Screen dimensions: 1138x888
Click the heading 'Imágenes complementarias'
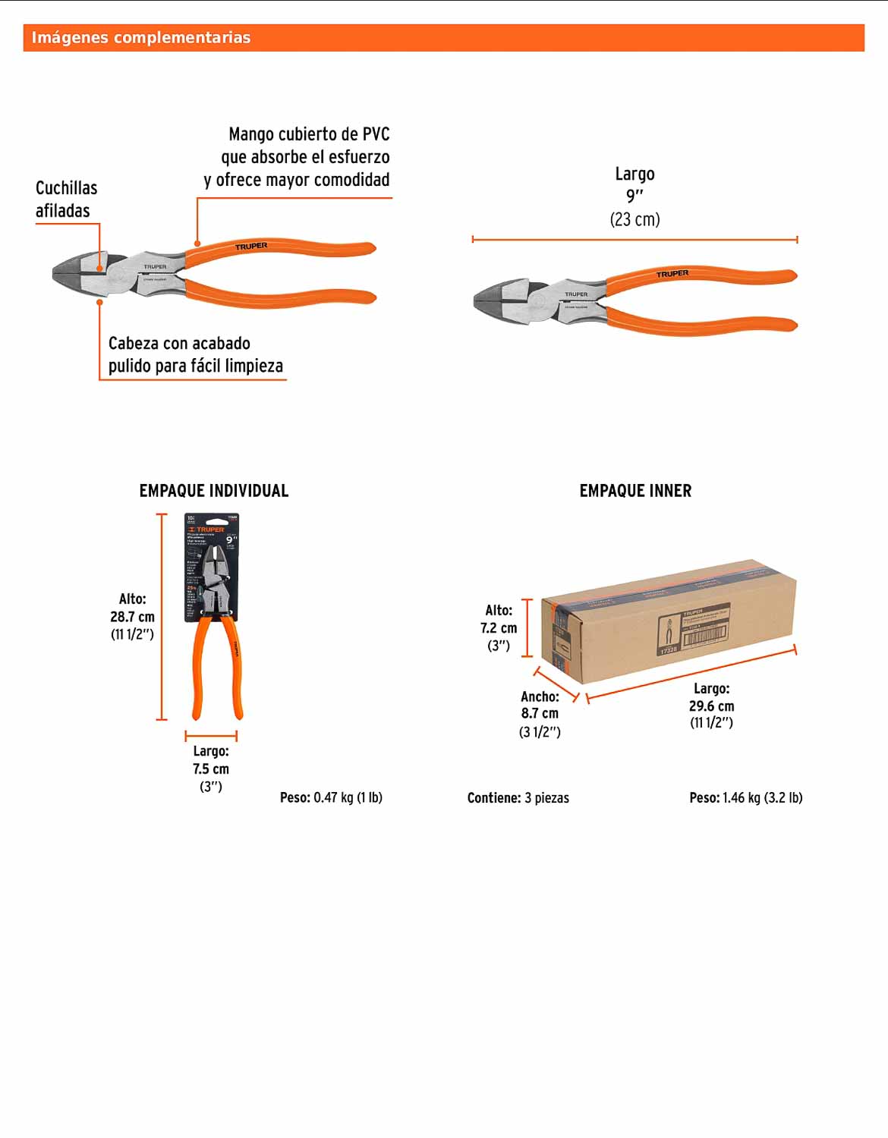tap(141, 38)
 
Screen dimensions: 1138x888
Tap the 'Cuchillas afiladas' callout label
tap(66, 200)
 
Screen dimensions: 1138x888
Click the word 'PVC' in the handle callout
tap(376, 134)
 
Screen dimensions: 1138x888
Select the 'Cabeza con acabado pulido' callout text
tap(195, 354)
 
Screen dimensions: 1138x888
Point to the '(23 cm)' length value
tap(635, 220)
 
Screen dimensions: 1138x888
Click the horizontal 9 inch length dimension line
tap(635, 240)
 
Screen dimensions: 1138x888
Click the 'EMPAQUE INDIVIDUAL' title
tap(214, 491)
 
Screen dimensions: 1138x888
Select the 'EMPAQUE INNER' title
tap(635, 491)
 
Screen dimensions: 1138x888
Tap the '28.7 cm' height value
tap(132, 617)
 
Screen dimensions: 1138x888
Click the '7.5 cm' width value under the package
tap(211, 769)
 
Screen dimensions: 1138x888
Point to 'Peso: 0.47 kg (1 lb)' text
tap(331, 797)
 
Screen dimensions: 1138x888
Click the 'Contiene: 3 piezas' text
tap(518, 798)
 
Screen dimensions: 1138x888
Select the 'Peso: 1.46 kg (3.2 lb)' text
tap(745, 797)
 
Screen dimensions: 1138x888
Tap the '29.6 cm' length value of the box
tap(711, 706)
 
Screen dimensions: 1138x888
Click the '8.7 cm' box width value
tap(540, 713)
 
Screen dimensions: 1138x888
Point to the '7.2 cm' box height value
tap(499, 628)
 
